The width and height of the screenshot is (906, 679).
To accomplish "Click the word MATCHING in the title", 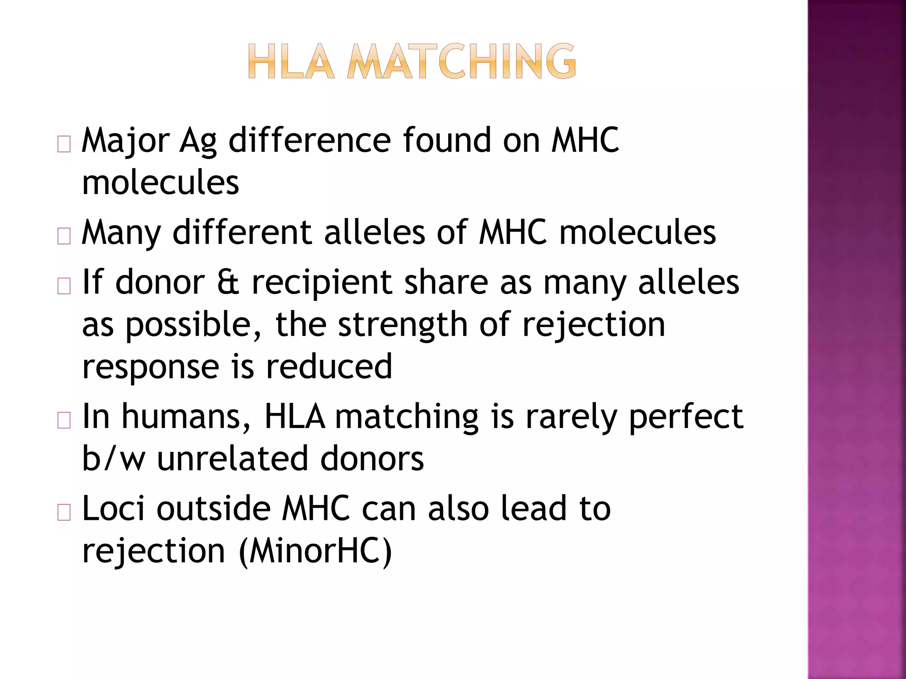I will click(x=461, y=62).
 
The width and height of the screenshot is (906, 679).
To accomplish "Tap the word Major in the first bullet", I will click(x=126, y=141).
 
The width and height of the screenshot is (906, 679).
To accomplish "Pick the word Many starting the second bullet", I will click(x=121, y=233).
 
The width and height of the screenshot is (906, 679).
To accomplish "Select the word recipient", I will click(x=322, y=283).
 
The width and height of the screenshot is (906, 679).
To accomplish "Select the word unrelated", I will click(x=233, y=458).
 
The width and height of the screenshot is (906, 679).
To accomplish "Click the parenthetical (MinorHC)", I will click(x=315, y=551).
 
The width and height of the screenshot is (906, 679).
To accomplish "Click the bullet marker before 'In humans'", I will click(x=64, y=420).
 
